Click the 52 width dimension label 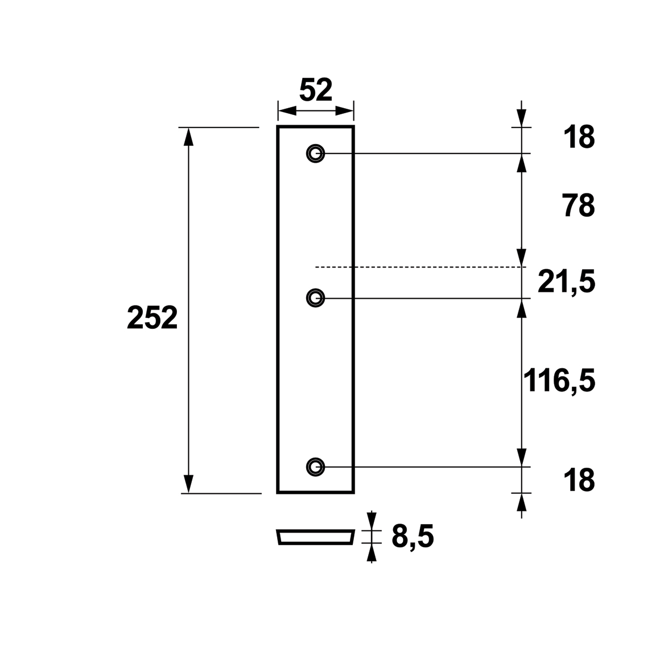click(315, 90)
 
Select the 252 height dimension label click(152, 319)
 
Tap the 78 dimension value click(579, 206)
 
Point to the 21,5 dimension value click(567, 282)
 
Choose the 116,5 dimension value click(559, 381)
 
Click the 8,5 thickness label click(413, 537)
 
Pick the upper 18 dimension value click(579, 138)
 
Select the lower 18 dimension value click(579, 480)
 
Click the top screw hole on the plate click(315, 153)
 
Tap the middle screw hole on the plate click(315, 298)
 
